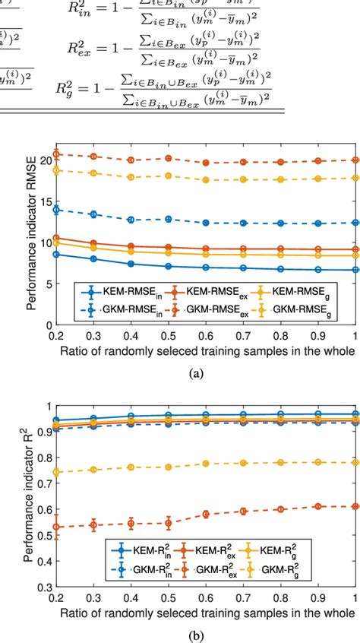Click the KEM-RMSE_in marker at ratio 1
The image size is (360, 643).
[355, 270]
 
